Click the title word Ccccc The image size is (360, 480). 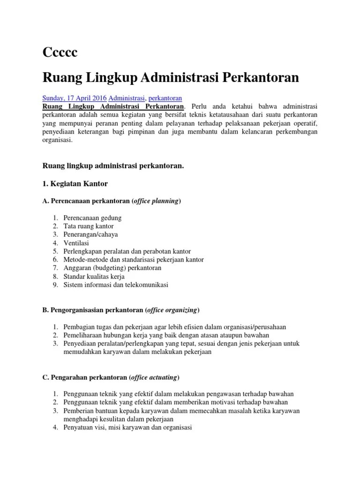(x=60, y=52)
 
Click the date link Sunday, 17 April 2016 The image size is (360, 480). (x=75, y=98)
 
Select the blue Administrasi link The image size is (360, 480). (x=127, y=98)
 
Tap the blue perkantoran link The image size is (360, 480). (x=165, y=98)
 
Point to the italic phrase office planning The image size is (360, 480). (x=155, y=201)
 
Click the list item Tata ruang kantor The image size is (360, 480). (x=89, y=226)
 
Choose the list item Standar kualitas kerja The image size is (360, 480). (x=94, y=276)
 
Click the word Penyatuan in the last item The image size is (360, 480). (x=77, y=427)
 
